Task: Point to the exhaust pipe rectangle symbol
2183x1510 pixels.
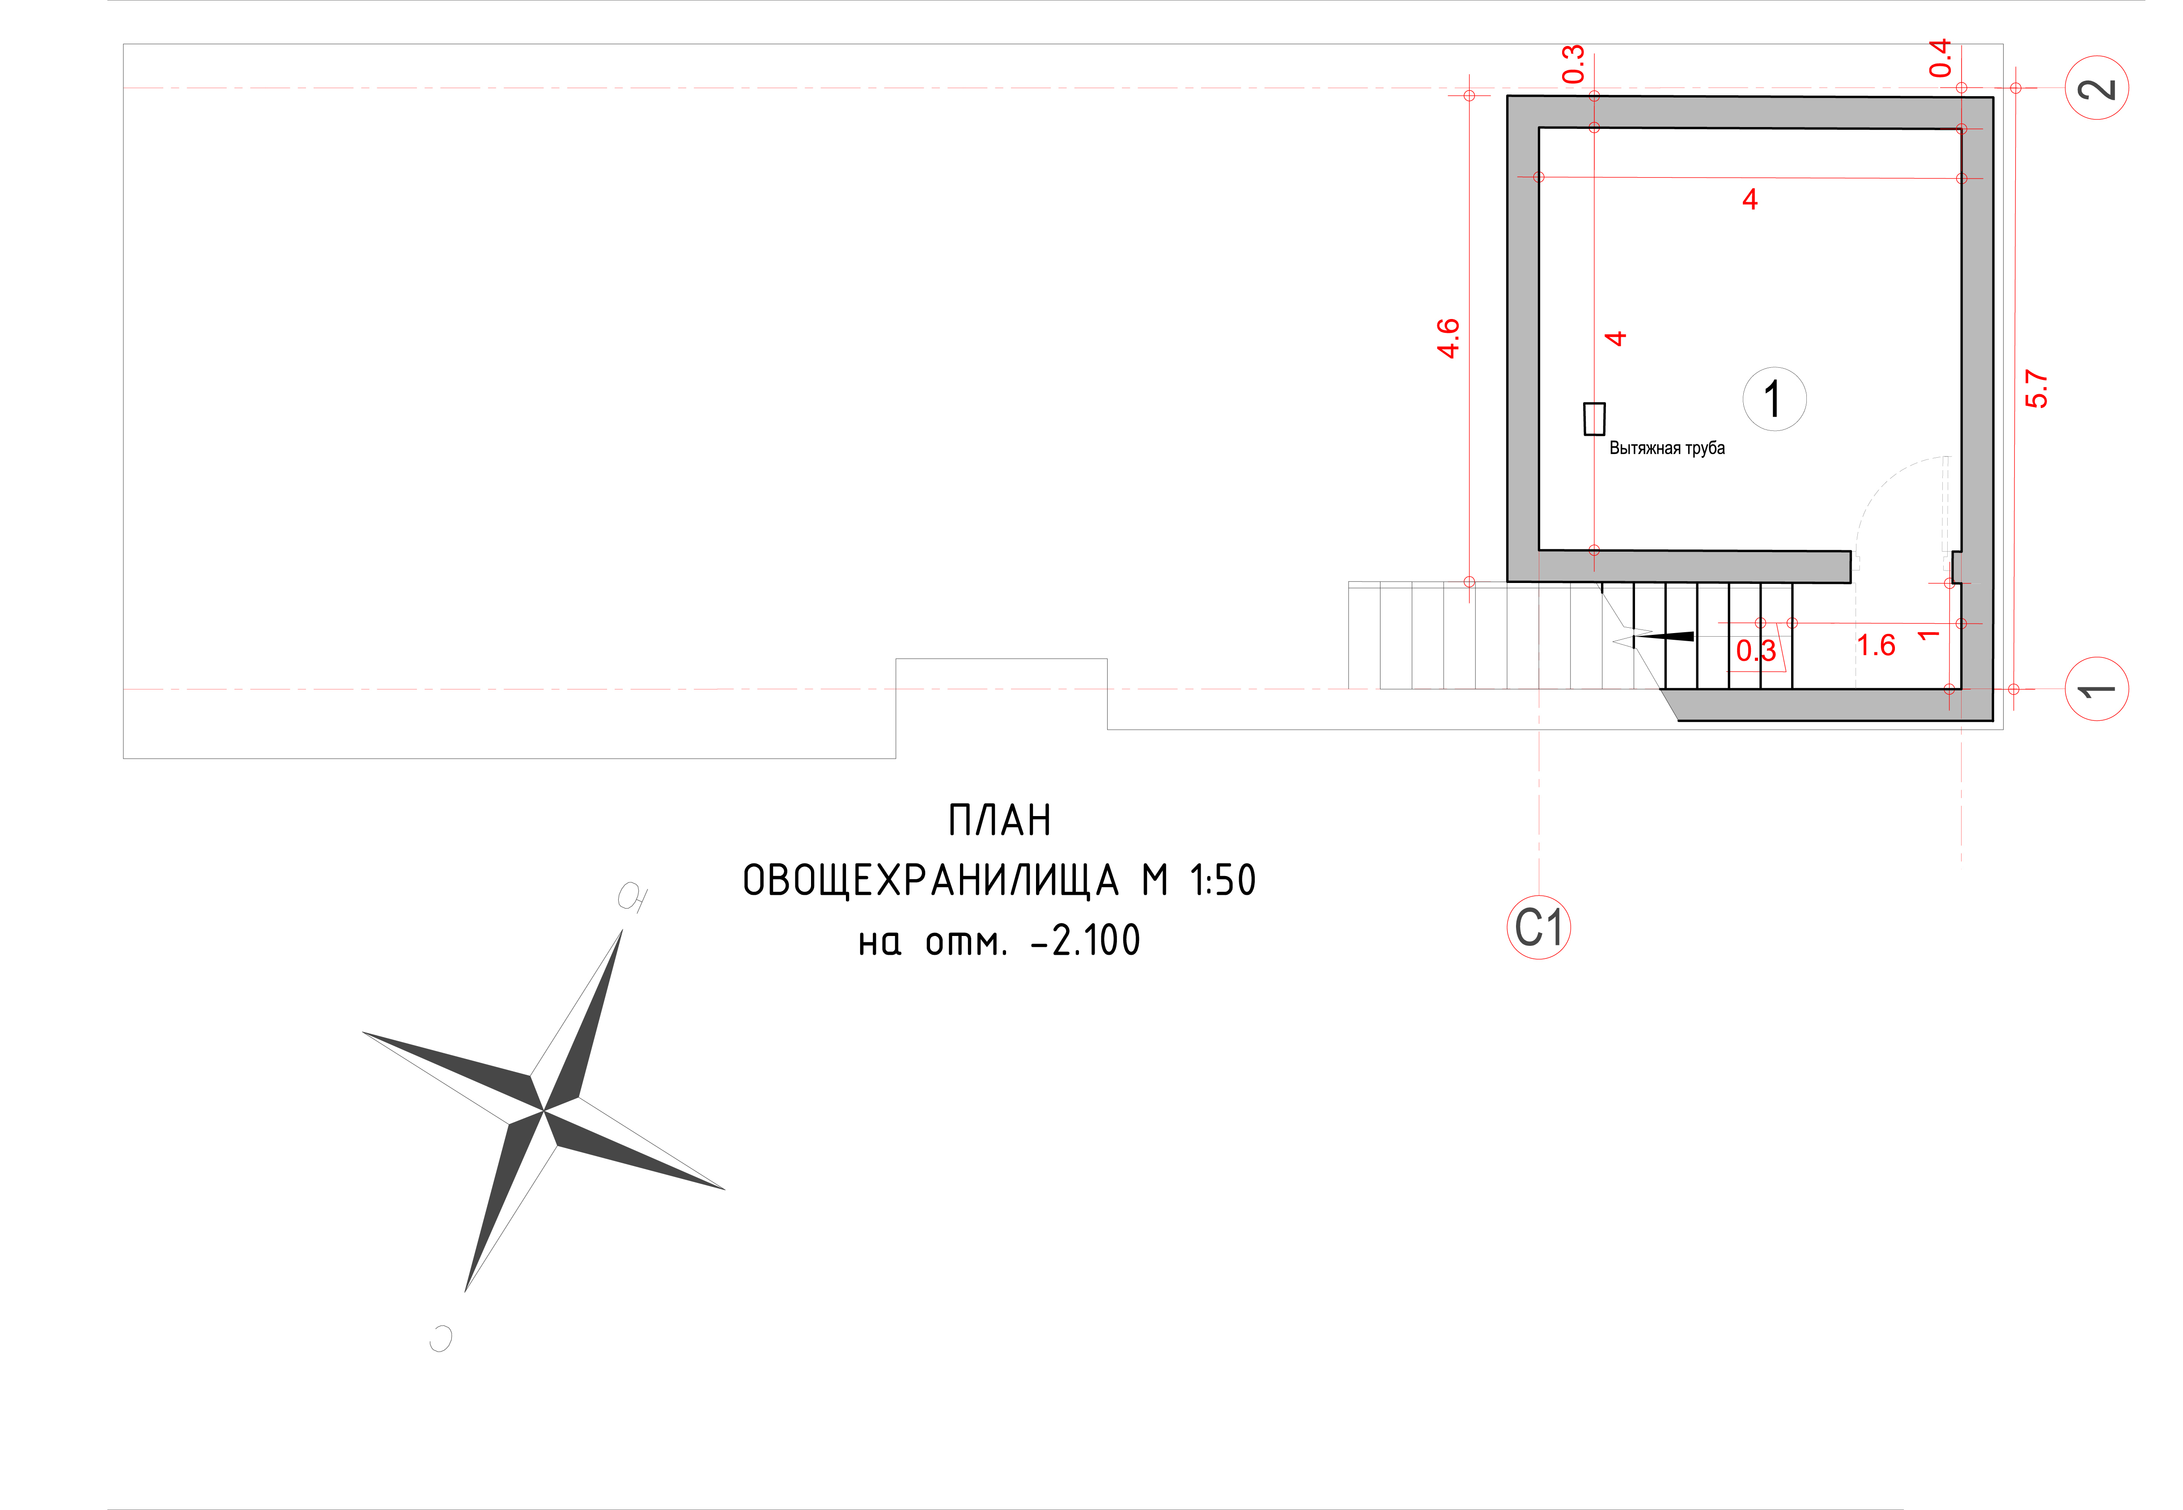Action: (1595, 418)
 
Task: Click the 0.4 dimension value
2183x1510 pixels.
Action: (1940, 58)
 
